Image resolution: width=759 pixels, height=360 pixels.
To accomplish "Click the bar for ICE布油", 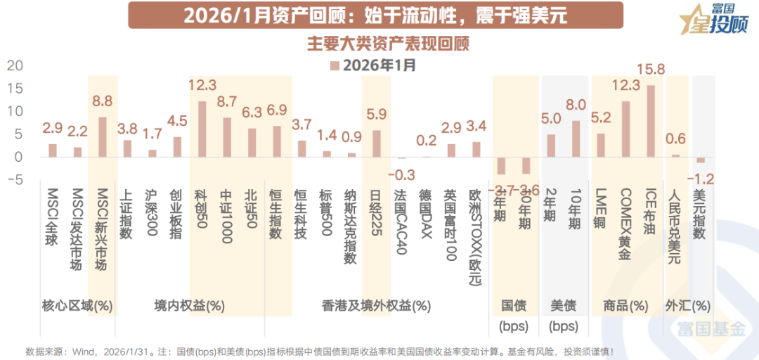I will coord(651,121).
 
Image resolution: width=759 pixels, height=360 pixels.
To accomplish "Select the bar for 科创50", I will coord(202,129).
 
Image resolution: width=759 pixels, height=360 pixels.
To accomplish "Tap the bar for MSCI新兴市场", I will coord(103,137).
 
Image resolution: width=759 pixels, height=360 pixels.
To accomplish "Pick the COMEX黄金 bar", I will coord(625,129).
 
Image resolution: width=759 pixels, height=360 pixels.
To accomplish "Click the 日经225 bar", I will coord(377,144).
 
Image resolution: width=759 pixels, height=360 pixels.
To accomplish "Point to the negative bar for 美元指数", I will coord(700,160).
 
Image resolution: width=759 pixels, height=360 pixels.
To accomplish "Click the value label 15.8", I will coord(650,70).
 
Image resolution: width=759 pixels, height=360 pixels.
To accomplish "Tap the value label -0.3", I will coord(401,173).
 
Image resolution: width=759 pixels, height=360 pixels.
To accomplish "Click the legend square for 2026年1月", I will coord(335,66).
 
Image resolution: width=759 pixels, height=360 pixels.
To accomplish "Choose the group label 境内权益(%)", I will coord(189,306).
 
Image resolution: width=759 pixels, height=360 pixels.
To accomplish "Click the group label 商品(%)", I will coord(625,306).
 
